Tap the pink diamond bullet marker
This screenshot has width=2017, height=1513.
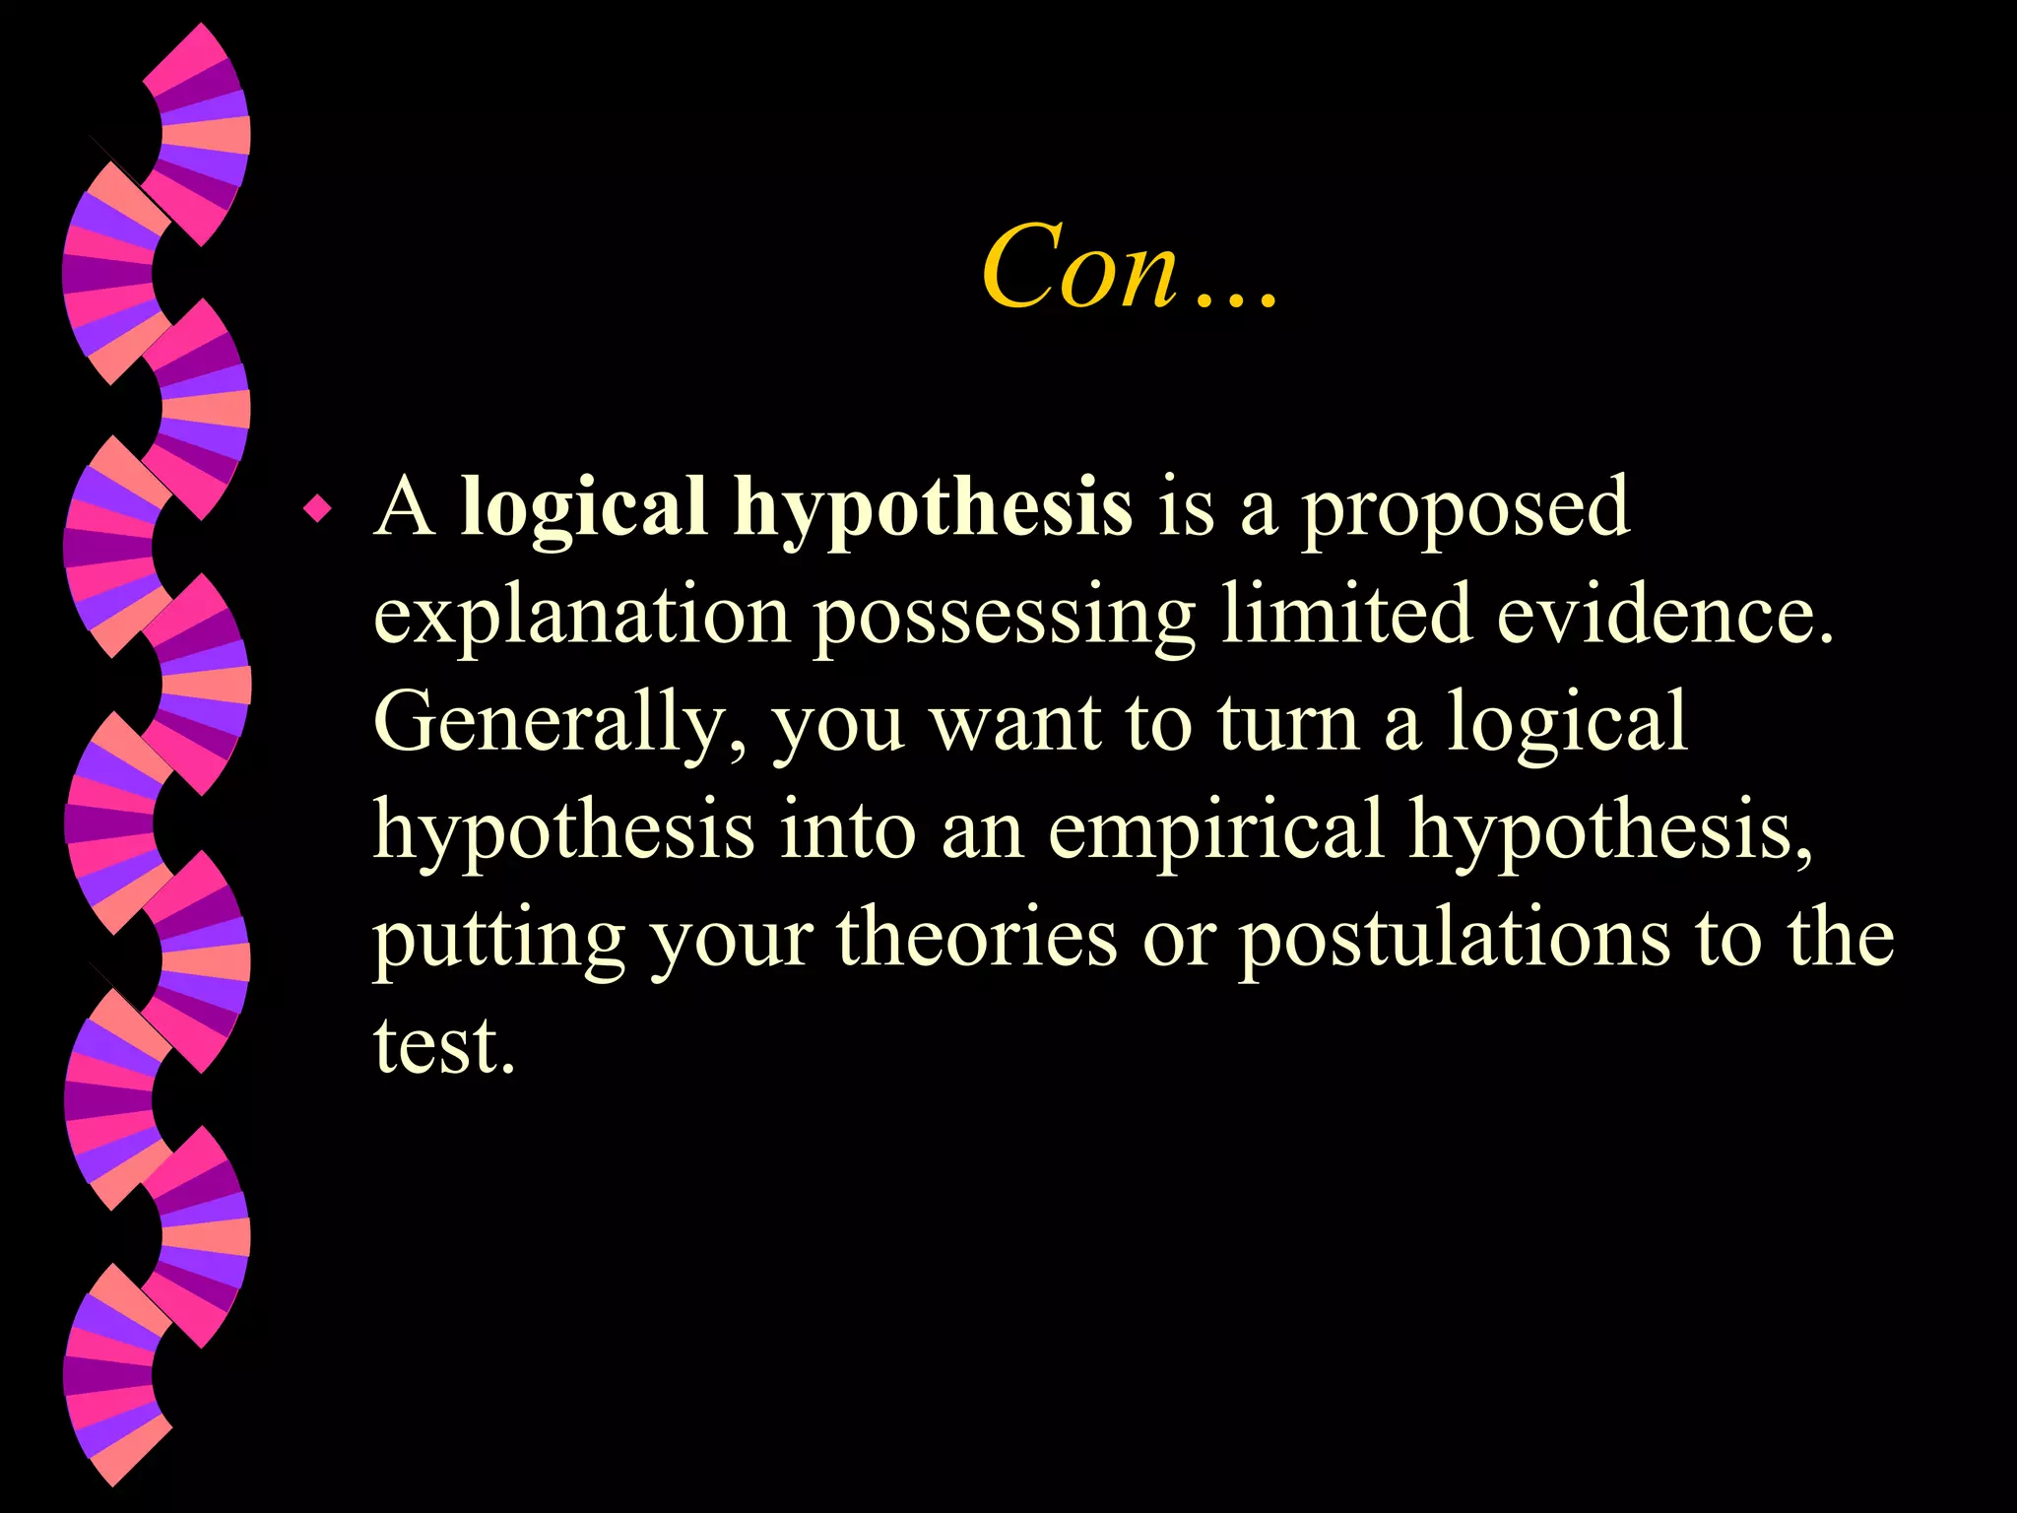[x=317, y=509]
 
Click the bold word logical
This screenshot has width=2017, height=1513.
[x=584, y=508]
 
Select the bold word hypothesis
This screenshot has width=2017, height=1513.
[x=932, y=508]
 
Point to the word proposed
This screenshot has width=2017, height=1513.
[x=1465, y=508]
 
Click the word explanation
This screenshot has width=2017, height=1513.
[x=582, y=617]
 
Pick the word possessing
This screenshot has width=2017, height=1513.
[x=1005, y=617]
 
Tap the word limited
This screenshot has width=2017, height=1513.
[x=1346, y=615]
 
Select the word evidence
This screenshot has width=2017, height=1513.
[x=1665, y=615]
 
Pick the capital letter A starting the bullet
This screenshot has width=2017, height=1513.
[x=404, y=508]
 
